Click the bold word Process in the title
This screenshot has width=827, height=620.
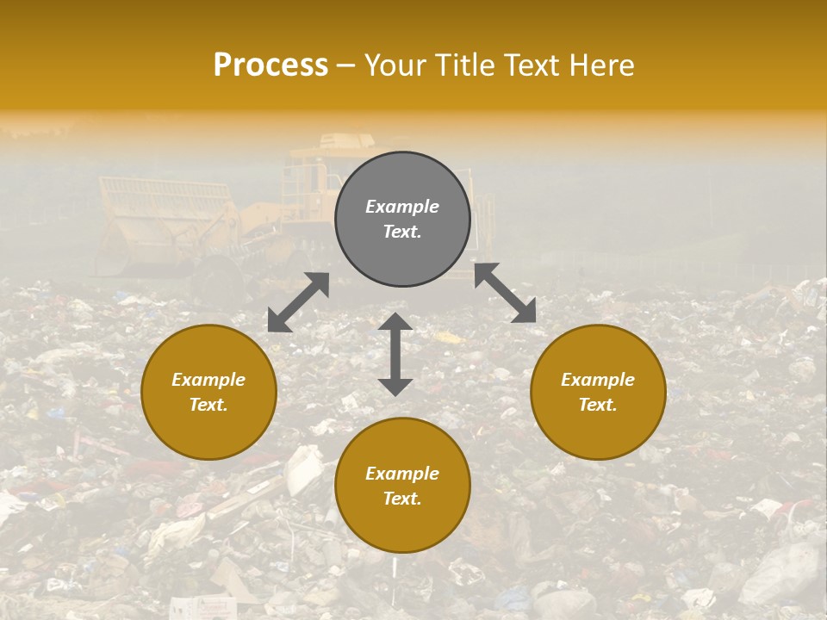click(x=270, y=65)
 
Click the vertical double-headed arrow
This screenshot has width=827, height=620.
click(x=395, y=354)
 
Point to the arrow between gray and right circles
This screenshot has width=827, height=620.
click(x=505, y=293)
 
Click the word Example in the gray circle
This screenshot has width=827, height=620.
click(x=402, y=207)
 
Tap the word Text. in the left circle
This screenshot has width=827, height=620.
click(x=208, y=405)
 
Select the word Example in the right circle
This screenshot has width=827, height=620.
click(x=598, y=380)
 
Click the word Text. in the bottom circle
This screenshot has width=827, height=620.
click(x=402, y=499)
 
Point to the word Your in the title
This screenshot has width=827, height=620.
click(x=393, y=65)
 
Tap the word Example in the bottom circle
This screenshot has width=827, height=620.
click(x=402, y=474)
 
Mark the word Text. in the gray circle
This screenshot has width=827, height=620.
click(x=402, y=232)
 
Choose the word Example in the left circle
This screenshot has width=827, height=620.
click(x=208, y=380)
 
